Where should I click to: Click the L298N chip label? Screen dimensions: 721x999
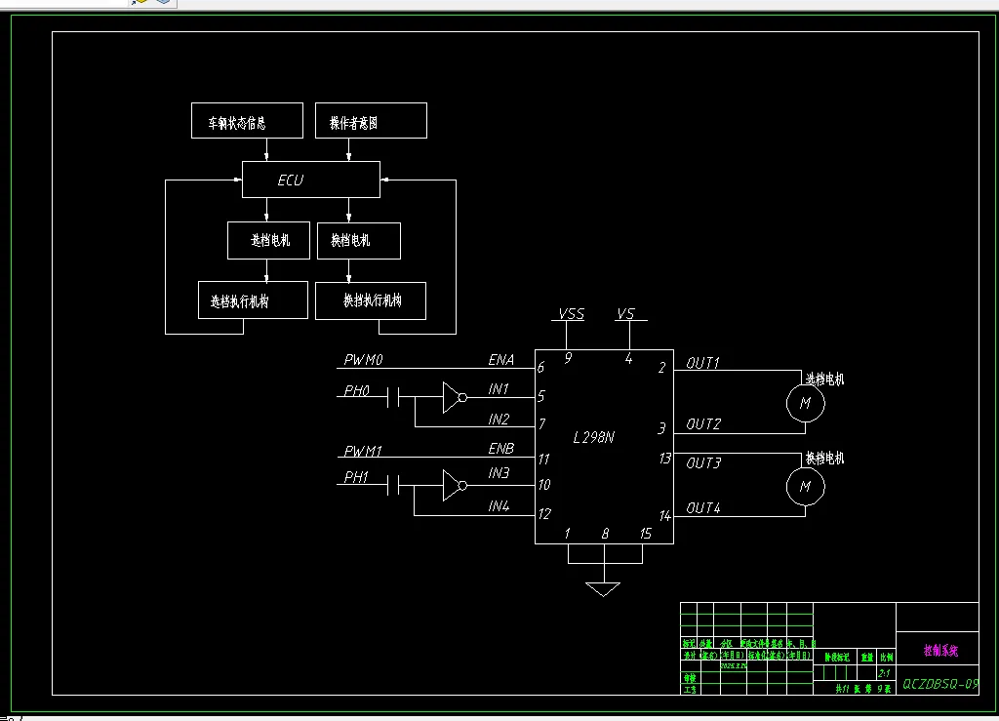[x=593, y=437]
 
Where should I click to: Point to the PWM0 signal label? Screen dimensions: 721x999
[x=364, y=361]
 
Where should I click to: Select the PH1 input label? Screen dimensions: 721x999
[x=357, y=478]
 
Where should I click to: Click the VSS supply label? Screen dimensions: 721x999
[x=571, y=314]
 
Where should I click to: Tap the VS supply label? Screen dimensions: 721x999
[x=625, y=314]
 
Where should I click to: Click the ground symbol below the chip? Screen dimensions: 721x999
[x=604, y=587]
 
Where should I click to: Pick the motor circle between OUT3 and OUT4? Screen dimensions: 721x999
[x=805, y=485]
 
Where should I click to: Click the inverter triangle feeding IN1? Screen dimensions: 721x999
[x=452, y=397]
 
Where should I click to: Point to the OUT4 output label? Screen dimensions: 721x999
[x=703, y=508]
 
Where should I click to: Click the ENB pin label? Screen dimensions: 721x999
[x=501, y=448]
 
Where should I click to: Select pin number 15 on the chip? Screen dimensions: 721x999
[x=645, y=534]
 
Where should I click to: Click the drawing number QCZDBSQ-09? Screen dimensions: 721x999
[x=940, y=685]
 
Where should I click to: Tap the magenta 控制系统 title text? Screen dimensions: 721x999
[x=940, y=650]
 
